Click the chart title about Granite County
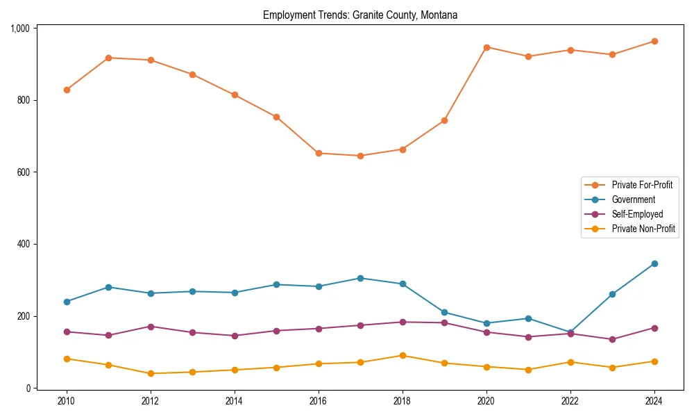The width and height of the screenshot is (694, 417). click(x=359, y=15)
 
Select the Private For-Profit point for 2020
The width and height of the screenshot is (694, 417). click(x=486, y=47)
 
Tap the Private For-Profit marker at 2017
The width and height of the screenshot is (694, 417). click(x=360, y=156)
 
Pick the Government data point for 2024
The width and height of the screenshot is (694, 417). click(x=654, y=263)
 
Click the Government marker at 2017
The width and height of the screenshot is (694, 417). click(x=360, y=278)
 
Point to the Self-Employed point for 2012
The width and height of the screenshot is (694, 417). click(x=151, y=327)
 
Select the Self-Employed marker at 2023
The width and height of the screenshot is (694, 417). click(x=612, y=339)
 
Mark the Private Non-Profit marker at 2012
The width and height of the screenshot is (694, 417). click(x=151, y=373)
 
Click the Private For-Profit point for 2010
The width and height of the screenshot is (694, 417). click(x=67, y=90)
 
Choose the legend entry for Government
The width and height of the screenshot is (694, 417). click(x=633, y=199)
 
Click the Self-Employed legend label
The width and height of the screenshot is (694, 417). click(x=637, y=214)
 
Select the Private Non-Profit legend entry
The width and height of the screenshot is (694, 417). click(x=643, y=229)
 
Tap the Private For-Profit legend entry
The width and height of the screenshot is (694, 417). click(x=642, y=185)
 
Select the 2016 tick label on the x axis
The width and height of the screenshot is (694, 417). click(x=319, y=400)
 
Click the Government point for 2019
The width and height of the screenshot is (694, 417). click(x=444, y=312)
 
